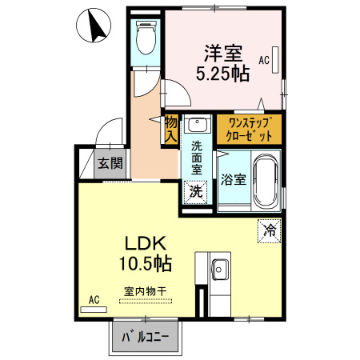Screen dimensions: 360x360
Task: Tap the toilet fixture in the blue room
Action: pos(146,37)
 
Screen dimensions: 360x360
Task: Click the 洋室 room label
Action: pos(222,54)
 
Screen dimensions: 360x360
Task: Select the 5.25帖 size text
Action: pos(222,74)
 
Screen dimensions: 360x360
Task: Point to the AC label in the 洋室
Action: pos(264,59)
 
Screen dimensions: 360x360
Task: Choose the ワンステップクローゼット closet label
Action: pos(249,128)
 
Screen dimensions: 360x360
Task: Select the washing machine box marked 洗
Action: pos(195,191)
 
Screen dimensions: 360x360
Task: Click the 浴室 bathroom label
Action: pos(233,178)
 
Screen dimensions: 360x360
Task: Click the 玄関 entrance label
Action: pos(110,165)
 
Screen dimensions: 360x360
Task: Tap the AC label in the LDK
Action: pos(94,300)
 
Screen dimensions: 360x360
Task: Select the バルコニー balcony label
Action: pos(146,337)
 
